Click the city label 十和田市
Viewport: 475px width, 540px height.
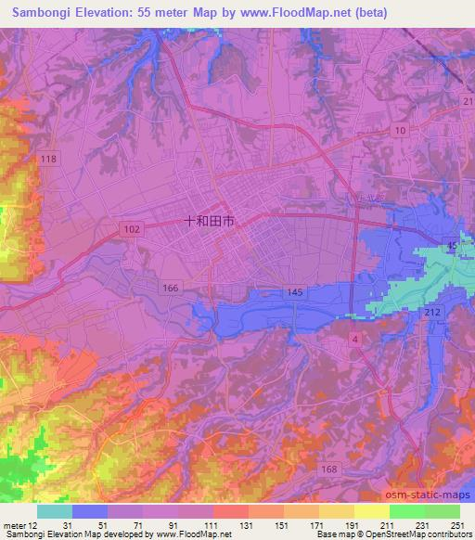[x=209, y=221]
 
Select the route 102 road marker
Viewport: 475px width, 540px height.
[x=131, y=228]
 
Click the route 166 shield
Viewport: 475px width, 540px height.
[x=170, y=289]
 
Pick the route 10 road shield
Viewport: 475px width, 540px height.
[x=400, y=131]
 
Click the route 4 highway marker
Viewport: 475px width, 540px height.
[x=355, y=342]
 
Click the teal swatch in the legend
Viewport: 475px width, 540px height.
[x=54, y=511]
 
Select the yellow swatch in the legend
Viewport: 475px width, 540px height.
[x=371, y=511]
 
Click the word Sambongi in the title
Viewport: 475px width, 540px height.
[x=37, y=12]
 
